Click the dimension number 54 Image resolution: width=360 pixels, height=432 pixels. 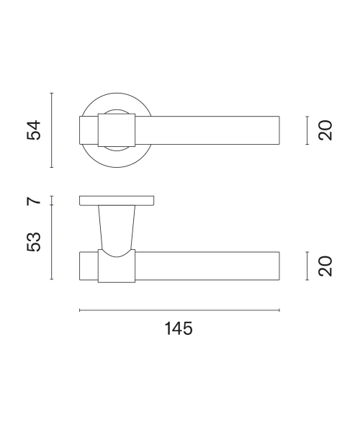point(34,130)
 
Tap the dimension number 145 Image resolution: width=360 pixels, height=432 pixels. point(179,328)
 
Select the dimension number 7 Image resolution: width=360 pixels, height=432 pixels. point(34,201)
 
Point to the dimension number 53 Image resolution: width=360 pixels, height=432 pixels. point(34,242)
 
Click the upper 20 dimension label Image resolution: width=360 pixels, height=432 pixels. point(325,130)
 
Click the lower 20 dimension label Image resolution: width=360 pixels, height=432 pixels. point(325,266)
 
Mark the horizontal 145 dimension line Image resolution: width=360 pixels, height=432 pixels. point(179,310)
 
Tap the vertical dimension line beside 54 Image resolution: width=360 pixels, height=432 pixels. point(52,130)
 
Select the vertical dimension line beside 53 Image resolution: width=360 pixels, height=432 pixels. point(52,242)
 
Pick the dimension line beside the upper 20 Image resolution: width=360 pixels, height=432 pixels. point(307,130)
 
